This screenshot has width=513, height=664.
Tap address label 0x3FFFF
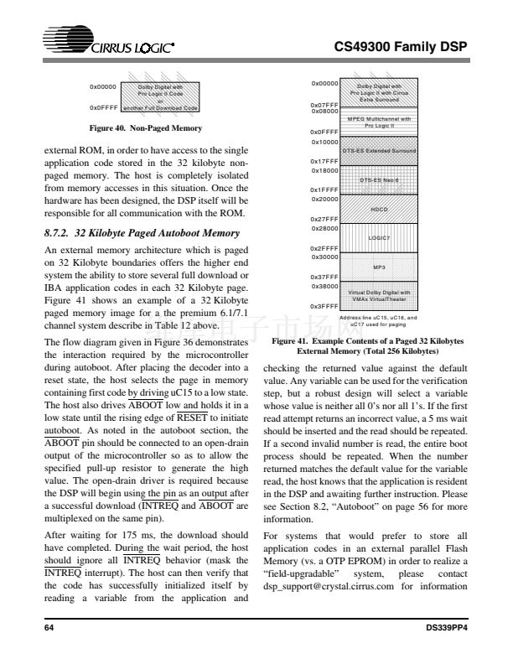point(324,306)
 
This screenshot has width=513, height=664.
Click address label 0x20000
point(324,199)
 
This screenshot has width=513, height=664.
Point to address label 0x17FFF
point(324,160)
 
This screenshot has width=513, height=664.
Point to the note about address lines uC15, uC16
point(378,320)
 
